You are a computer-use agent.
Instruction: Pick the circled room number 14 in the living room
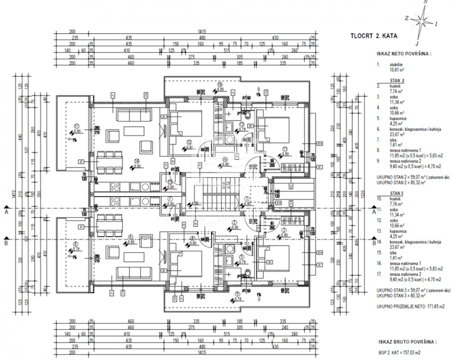coord(138,159)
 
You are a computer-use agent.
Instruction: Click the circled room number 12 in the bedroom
coord(189,142)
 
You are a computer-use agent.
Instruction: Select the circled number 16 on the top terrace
coord(220,85)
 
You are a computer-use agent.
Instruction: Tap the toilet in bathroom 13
coord(246,114)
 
